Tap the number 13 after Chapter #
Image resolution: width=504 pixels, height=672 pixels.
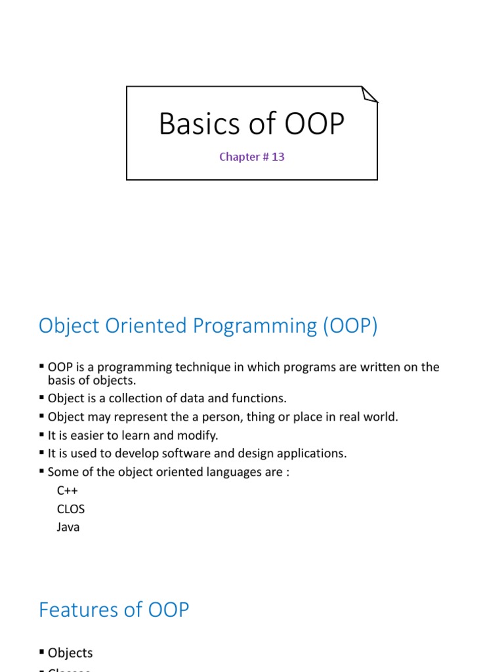(278, 157)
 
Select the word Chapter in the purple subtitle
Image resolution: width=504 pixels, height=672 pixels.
(239, 157)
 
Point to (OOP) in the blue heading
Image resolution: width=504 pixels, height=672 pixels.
(350, 326)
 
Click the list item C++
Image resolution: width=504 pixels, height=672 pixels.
(68, 491)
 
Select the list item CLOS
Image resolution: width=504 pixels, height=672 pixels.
(71, 509)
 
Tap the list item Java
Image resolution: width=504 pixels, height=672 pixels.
(68, 527)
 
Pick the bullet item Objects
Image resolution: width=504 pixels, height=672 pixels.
(70, 653)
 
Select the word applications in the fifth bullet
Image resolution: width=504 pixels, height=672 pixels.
(313, 453)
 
